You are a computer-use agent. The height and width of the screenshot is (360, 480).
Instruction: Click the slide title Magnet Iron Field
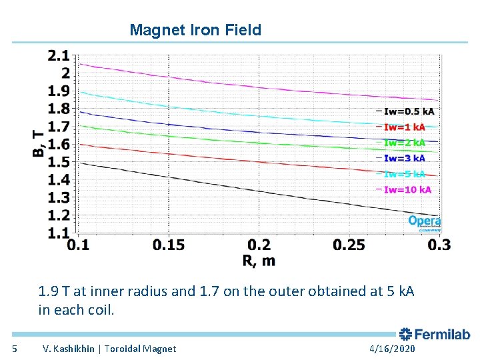195,30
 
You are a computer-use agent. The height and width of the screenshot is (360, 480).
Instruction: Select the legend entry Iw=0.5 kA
405,111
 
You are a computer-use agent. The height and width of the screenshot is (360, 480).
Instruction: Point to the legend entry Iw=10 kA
405,189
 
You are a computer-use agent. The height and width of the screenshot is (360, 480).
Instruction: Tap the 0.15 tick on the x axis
169,245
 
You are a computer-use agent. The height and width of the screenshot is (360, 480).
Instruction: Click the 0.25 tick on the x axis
349,245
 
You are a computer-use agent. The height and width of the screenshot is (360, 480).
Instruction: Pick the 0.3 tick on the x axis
439,245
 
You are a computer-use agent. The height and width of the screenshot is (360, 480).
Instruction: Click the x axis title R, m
259,261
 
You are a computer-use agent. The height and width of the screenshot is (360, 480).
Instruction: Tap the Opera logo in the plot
425,221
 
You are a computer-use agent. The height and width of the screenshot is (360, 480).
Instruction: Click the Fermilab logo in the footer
435,335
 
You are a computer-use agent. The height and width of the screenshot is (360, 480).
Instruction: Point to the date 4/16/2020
391,349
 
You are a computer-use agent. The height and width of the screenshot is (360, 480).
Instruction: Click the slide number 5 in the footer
15,349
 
